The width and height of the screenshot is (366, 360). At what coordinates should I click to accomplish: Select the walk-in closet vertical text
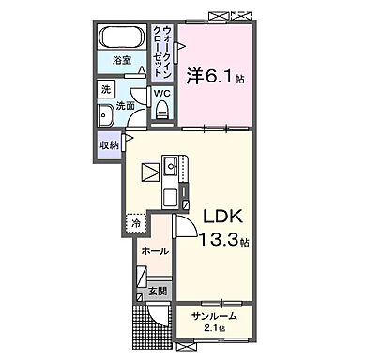(x=161, y=55)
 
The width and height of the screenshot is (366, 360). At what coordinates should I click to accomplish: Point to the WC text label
(x=160, y=94)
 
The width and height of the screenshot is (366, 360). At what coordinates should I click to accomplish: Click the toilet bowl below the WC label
(x=162, y=112)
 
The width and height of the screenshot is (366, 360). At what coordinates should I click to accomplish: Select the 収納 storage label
(x=108, y=145)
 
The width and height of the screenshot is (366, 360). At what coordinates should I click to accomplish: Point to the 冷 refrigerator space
(x=137, y=224)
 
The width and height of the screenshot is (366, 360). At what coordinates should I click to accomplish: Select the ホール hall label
(x=156, y=252)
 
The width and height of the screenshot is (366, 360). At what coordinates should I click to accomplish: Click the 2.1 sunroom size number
(x=210, y=328)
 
